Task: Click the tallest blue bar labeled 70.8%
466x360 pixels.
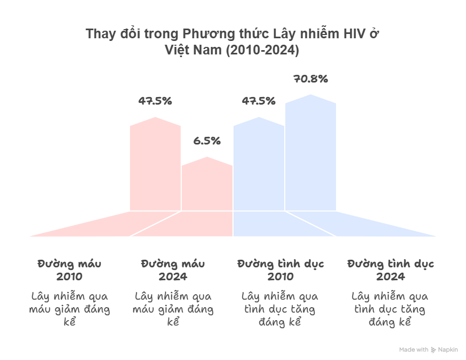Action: click(311, 156)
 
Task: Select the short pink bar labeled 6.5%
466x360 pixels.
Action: click(207, 186)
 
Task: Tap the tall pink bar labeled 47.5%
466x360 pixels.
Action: click(155, 164)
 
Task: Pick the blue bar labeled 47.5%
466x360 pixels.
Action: click(259, 164)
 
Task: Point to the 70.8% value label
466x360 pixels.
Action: click(311, 79)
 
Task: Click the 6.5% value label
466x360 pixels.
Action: click(207, 141)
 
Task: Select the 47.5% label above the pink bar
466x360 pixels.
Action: click(155, 101)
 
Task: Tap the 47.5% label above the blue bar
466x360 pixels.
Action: click(259, 101)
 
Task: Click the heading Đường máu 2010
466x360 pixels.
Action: click(70, 271)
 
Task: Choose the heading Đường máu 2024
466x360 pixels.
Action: click(173, 271)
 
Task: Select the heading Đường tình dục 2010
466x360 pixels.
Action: click(280, 271)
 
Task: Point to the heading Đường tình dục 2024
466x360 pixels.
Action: click(390, 271)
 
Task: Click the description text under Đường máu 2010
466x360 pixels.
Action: click(70, 309)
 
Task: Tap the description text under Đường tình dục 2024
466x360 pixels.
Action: click(390, 309)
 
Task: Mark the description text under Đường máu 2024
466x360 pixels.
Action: click(173, 309)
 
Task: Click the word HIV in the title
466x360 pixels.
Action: click(355, 34)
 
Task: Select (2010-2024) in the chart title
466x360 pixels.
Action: click(262, 50)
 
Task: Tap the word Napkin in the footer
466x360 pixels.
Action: click(448, 350)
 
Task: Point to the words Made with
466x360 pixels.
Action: click(414, 350)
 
